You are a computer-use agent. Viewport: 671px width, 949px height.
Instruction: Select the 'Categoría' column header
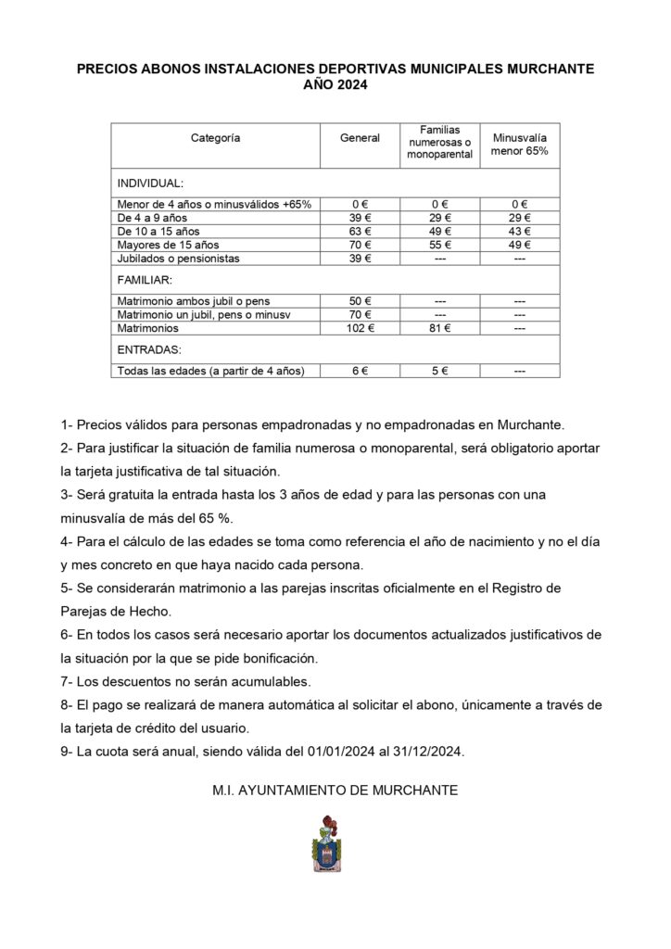[x=215, y=138]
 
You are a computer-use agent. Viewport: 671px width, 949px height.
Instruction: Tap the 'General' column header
[x=360, y=138]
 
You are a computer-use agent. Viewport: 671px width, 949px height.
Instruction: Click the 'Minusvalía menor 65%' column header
[x=519, y=144]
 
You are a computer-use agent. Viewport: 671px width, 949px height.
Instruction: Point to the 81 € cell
[x=439, y=327]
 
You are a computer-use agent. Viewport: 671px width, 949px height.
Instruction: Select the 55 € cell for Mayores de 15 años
[x=439, y=245]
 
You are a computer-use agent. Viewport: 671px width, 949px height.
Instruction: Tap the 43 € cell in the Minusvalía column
[x=519, y=231]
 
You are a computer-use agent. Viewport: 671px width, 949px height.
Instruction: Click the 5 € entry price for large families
[x=439, y=371]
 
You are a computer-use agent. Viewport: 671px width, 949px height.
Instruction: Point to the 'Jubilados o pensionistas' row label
[x=178, y=259]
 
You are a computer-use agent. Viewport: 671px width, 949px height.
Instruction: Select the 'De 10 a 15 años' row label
[x=158, y=231]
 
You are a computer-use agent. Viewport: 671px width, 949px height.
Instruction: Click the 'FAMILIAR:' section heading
[x=146, y=279]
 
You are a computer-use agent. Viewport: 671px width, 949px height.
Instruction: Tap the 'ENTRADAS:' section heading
[x=147, y=349]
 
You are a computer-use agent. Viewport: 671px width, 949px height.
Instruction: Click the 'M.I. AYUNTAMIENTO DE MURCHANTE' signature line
[x=335, y=791]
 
